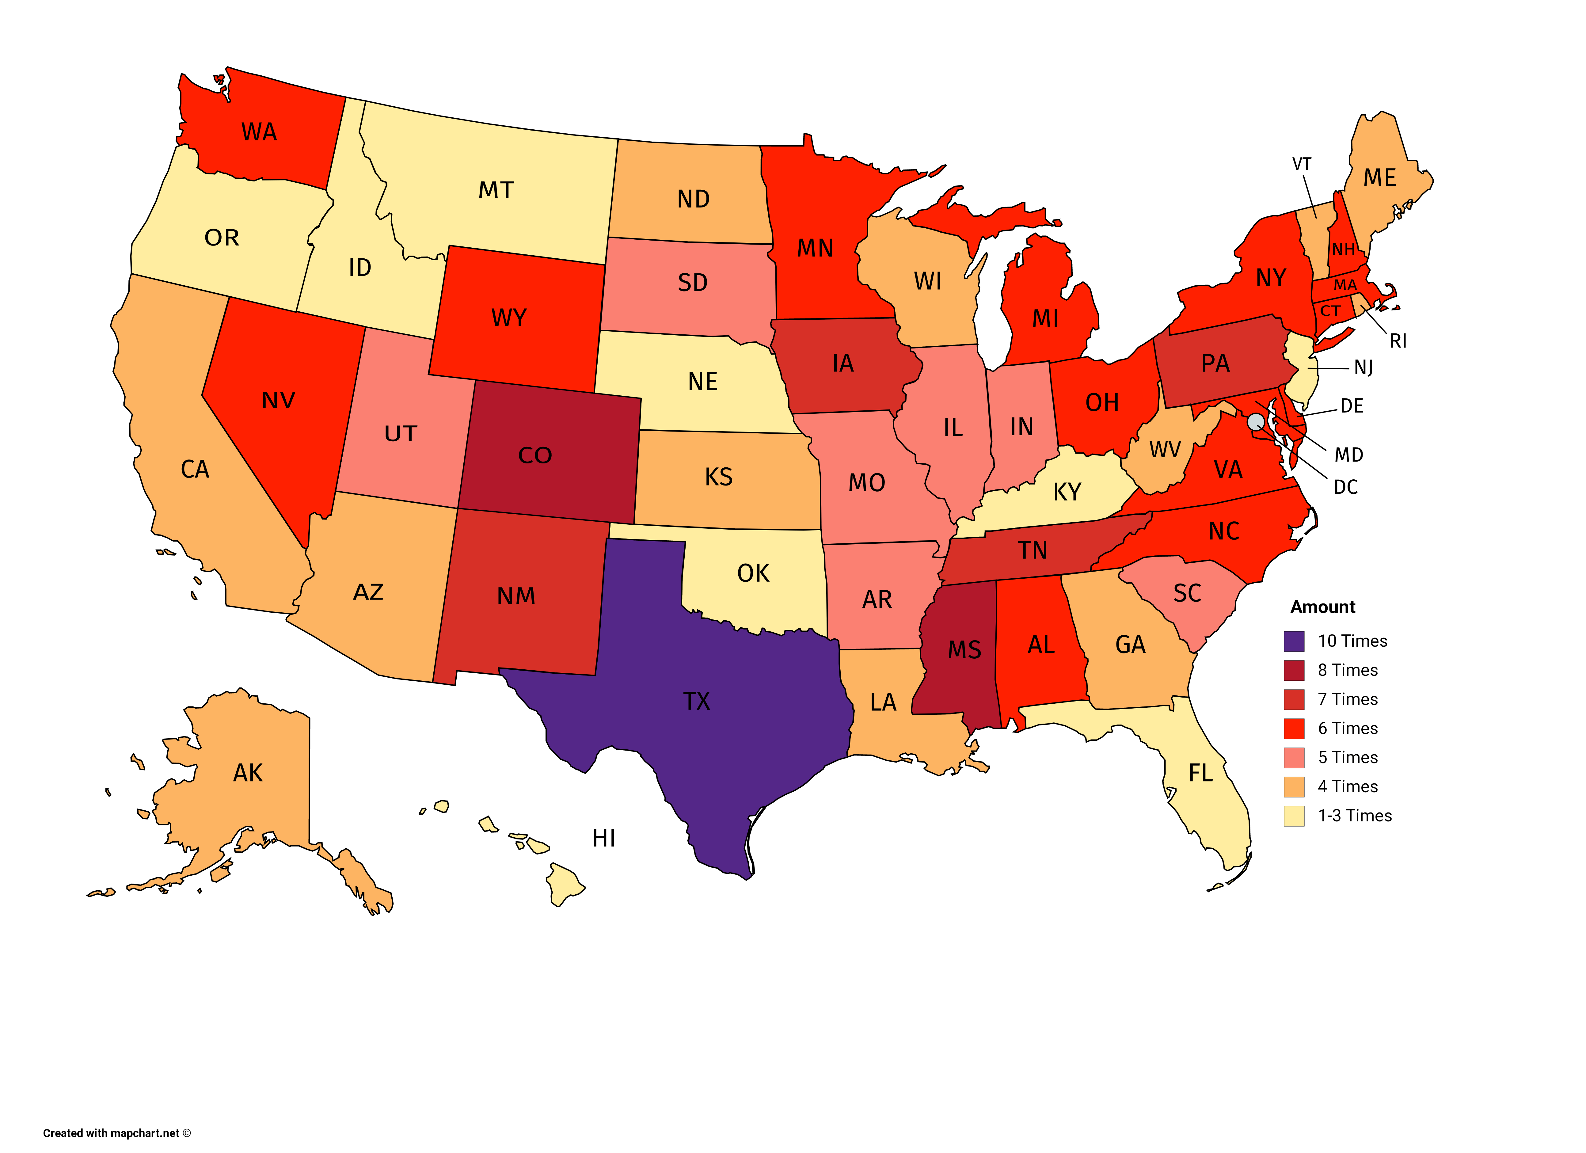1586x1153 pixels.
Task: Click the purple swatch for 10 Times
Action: click(x=1294, y=641)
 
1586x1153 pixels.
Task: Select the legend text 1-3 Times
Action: click(x=1355, y=816)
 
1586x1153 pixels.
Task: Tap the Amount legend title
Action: click(x=1322, y=607)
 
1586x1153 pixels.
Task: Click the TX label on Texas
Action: click(x=697, y=701)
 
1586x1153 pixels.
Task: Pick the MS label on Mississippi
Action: click(x=964, y=650)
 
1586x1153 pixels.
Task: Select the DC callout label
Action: click(x=1345, y=487)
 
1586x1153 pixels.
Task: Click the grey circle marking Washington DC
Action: click(x=1256, y=421)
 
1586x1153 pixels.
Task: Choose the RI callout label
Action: click(x=1398, y=341)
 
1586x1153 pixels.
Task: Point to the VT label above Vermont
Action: click(x=1301, y=164)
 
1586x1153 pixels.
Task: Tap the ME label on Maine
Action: click(x=1380, y=178)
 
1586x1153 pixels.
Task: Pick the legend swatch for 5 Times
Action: click(x=1294, y=758)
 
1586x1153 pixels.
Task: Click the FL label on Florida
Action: click(x=1201, y=773)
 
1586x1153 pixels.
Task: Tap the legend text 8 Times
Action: click(x=1348, y=671)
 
